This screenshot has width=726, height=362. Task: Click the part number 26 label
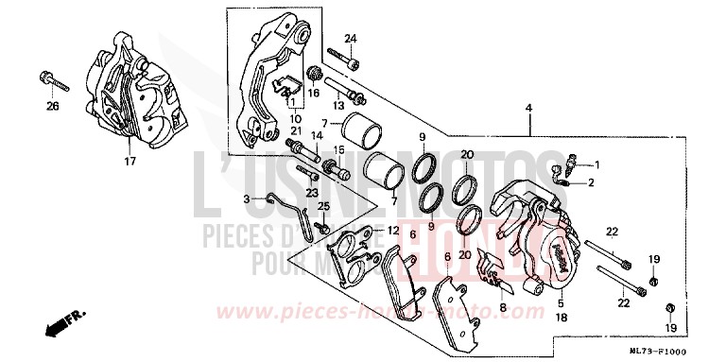click(x=52, y=106)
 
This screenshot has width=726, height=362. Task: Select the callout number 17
click(x=130, y=162)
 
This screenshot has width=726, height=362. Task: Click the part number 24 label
click(x=351, y=38)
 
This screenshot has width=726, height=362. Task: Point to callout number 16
click(x=315, y=94)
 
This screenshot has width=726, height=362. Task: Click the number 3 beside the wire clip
click(x=246, y=199)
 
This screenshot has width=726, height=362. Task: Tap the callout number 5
click(x=561, y=303)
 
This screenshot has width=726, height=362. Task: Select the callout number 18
click(x=561, y=319)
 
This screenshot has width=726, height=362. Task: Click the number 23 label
click(x=309, y=191)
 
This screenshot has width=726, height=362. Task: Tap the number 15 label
click(x=336, y=150)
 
